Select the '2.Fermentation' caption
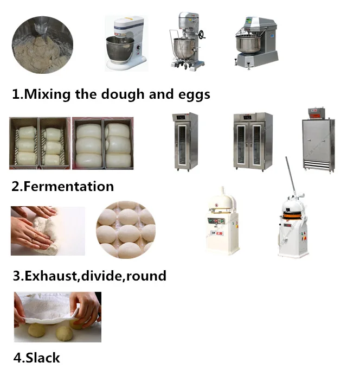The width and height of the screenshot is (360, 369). [62, 187]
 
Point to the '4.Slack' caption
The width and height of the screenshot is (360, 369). [36, 358]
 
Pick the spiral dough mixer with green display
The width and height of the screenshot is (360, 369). [255, 42]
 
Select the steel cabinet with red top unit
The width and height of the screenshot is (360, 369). [318, 141]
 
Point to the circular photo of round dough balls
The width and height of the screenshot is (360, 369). [126, 230]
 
